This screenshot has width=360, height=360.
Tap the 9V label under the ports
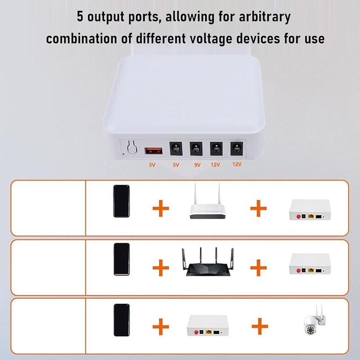point(197,165)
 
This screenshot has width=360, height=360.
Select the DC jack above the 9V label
point(195,148)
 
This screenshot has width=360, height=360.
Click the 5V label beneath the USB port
point(152,165)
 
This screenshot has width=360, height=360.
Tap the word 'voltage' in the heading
point(213,38)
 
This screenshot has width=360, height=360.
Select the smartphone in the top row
point(121,201)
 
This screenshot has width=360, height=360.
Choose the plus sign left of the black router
point(161,268)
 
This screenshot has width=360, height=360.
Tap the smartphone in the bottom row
point(121,320)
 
